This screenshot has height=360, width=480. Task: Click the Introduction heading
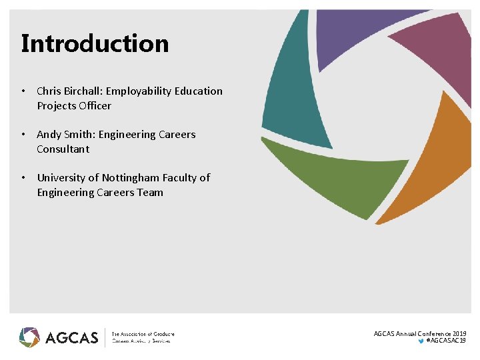pos(95,43)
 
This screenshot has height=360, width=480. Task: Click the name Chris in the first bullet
pos(49,91)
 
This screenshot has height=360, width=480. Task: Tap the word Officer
pos(95,105)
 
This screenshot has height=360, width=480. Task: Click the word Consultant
pos(63,149)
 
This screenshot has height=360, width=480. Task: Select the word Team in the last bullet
pos(150,192)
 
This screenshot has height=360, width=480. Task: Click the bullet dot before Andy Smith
pos(23,134)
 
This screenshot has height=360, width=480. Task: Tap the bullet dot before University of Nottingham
pos(23,177)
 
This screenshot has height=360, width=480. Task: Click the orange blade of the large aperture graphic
pos(433,167)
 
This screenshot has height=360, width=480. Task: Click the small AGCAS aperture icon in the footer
pos(29,337)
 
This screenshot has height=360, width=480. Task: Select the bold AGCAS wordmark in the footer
pos(72,337)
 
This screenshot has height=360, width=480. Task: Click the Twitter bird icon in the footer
pos(420,341)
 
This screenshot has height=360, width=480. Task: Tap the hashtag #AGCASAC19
pos(446,341)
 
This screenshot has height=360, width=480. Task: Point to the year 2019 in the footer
pos(459,333)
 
